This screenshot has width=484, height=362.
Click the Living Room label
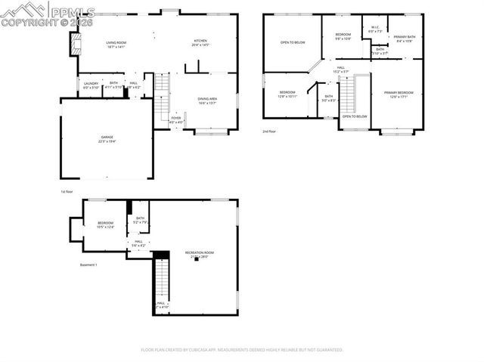[x=115, y=45]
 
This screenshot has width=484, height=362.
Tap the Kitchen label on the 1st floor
[x=201, y=43]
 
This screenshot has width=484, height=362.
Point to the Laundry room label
[x=92, y=85]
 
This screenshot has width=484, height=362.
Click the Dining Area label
[x=208, y=101]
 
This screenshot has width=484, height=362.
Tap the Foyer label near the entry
[x=175, y=119]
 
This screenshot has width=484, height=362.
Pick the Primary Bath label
[x=403, y=39]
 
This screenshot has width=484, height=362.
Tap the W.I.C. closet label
[x=374, y=29]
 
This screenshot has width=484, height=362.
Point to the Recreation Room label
[x=200, y=255]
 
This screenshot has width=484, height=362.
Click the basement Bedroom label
[x=105, y=224]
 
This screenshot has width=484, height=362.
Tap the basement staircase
[x=160, y=280]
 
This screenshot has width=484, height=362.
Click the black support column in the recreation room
[x=197, y=260]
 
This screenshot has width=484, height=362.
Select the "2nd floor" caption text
[x=270, y=131]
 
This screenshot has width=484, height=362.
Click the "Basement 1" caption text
[x=88, y=265]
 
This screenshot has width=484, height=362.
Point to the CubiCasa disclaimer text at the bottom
[x=242, y=350]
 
